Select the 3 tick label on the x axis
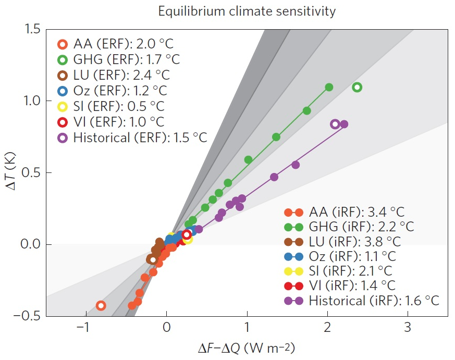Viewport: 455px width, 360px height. coord(408,328)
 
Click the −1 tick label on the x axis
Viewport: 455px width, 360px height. coord(82,328)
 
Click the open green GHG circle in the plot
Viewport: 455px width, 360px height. coord(357,88)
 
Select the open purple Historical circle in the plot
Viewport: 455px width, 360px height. coord(335,124)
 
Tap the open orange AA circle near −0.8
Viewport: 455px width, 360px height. coord(101,306)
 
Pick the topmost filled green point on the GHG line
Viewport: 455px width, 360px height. coord(329,88)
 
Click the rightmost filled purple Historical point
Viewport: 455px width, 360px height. coord(344,124)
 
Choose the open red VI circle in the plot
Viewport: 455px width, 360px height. coord(187,234)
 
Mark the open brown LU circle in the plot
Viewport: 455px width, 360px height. coord(152,259)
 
